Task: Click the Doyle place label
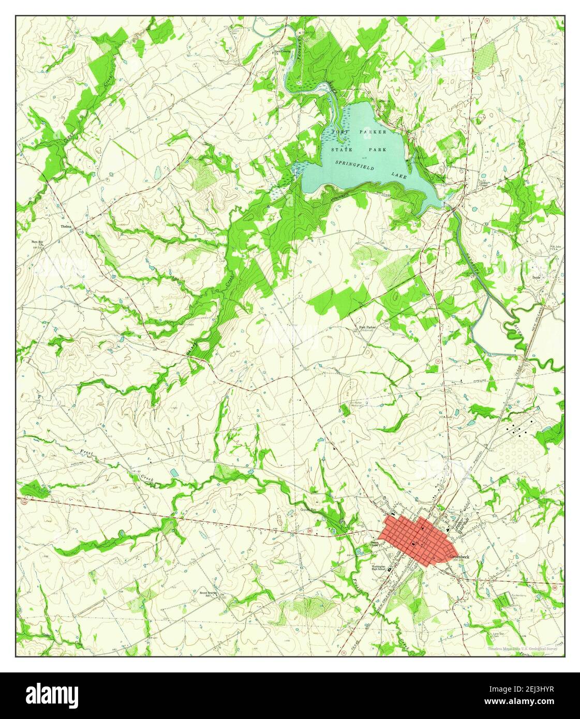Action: [537, 277]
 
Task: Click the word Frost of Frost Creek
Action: [87, 455]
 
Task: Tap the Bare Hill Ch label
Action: [39, 243]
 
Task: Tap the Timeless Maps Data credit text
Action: [524, 649]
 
